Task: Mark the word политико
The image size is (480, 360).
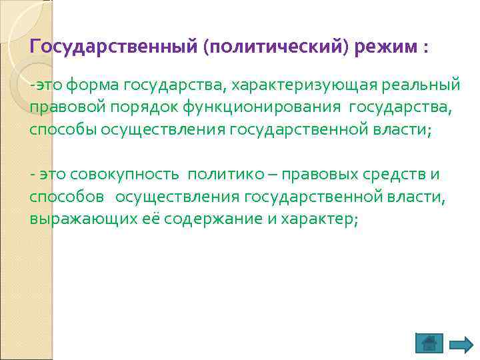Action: (219, 175)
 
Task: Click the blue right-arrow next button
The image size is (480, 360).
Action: (461, 344)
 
